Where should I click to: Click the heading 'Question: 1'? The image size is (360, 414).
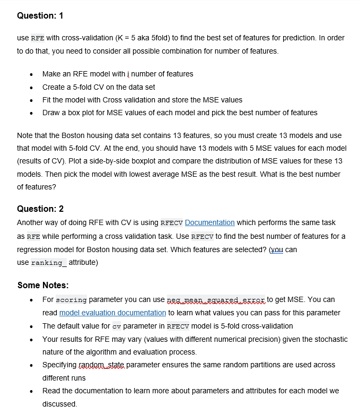point(40,15)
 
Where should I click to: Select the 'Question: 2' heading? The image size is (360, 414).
point(40,209)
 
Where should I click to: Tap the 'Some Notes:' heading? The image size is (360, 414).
point(42,285)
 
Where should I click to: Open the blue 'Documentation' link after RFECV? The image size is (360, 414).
point(209,222)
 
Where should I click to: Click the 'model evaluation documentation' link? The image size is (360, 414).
point(112,313)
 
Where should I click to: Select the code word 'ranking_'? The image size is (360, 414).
point(48,262)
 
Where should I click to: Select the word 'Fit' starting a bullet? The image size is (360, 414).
point(47,100)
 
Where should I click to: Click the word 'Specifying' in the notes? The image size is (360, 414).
point(59,365)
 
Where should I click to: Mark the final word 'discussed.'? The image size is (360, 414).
point(59,403)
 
